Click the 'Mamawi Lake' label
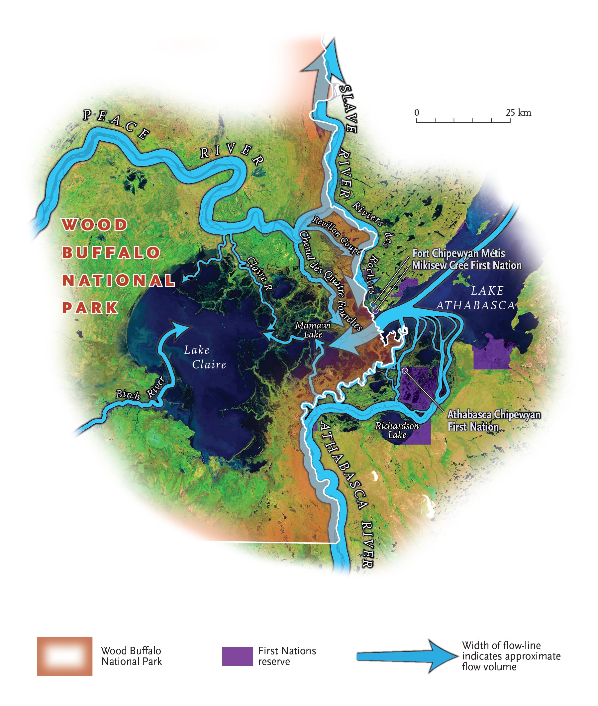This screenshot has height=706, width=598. pos(313,330)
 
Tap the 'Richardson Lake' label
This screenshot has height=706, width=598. pos(397,430)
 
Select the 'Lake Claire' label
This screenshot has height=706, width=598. pos(205,357)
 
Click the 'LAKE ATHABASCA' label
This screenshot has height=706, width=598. pos(476,298)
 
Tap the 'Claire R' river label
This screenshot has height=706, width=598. pos(259,274)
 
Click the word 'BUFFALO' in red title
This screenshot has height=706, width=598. pos(111,252)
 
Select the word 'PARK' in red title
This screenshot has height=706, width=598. pos(90,308)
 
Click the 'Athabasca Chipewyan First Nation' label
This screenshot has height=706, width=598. pos(494,420)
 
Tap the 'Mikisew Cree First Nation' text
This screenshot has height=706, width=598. pos(466,265)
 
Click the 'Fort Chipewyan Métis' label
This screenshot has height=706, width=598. pos(458,253)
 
